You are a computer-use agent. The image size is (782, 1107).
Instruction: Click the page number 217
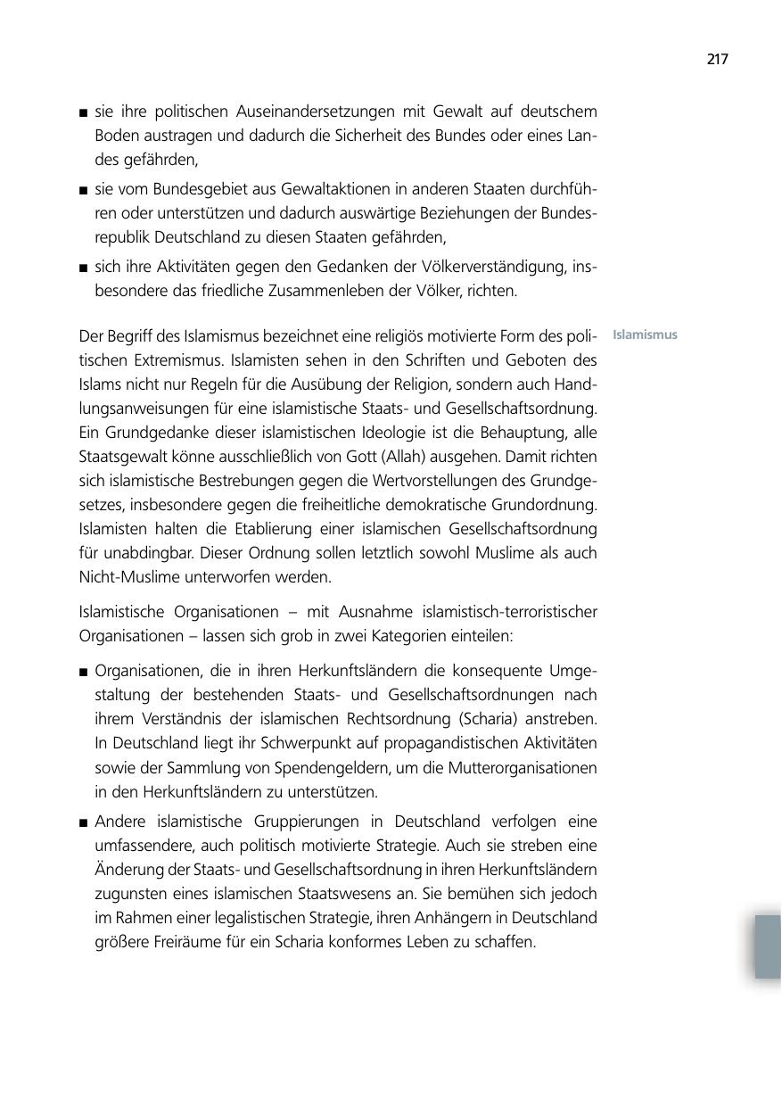point(717,60)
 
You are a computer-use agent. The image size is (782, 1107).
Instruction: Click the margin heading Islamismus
point(645,335)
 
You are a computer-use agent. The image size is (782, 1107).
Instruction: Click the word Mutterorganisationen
point(523,767)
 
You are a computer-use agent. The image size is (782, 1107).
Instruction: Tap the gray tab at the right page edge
point(768,946)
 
